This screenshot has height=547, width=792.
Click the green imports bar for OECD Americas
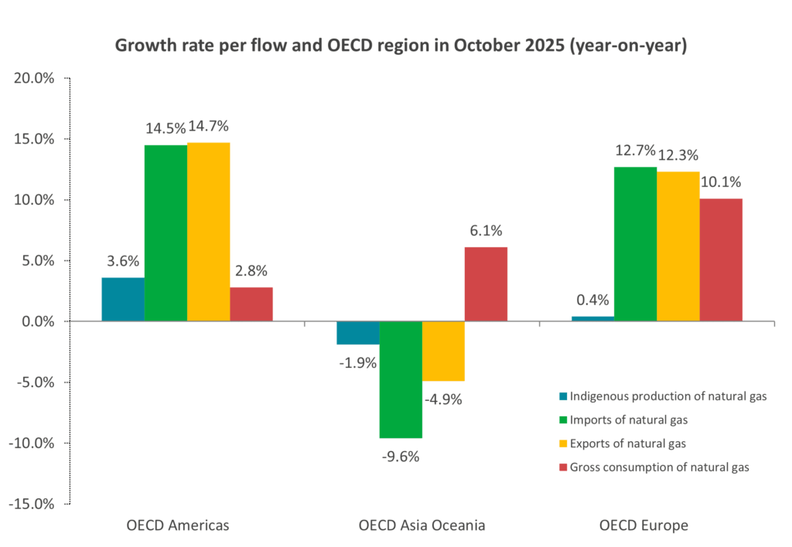point(166,233)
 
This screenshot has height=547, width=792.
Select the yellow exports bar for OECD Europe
point(678,246)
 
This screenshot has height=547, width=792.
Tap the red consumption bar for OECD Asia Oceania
point(486,284)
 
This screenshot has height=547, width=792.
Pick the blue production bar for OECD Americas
point(123,299)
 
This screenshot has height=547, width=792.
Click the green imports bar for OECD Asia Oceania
point(401,379)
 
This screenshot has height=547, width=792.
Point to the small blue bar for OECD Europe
point(593,318)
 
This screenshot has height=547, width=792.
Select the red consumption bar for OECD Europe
point(721,260)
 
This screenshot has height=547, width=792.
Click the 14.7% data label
point(209,127)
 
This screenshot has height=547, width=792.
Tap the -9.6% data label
point(401,456)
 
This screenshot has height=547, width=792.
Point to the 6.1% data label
point(486,230)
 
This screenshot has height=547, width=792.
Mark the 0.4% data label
point(593,300)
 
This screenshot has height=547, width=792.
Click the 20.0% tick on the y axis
point(33,78)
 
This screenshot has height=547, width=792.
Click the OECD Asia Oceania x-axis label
point(422,525)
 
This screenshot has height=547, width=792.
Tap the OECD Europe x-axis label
point(643,525)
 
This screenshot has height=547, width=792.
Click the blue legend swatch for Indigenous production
point(562,397)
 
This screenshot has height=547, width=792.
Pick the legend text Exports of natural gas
point(627,443)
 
